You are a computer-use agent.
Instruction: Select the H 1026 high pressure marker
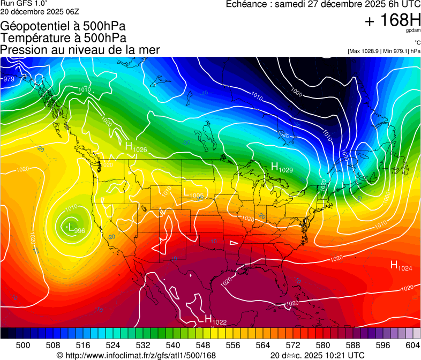(x=136, y=146)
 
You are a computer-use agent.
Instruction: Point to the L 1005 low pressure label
(x=193, y=193)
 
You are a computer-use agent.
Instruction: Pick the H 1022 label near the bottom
(x=216, y=320)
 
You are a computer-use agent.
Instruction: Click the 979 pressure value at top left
(x=9, y=79)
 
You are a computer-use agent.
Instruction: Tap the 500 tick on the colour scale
(x=23, y=344)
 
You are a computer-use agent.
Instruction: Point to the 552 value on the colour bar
(x=219, y=344)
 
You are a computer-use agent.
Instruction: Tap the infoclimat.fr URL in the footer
(x=140, y=355)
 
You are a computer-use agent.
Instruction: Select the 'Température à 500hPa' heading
(x=64, y=37)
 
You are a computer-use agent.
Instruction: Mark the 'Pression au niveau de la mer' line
(x=80, y=50)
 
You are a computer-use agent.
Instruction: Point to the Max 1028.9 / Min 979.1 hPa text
(x=384, y=51)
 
